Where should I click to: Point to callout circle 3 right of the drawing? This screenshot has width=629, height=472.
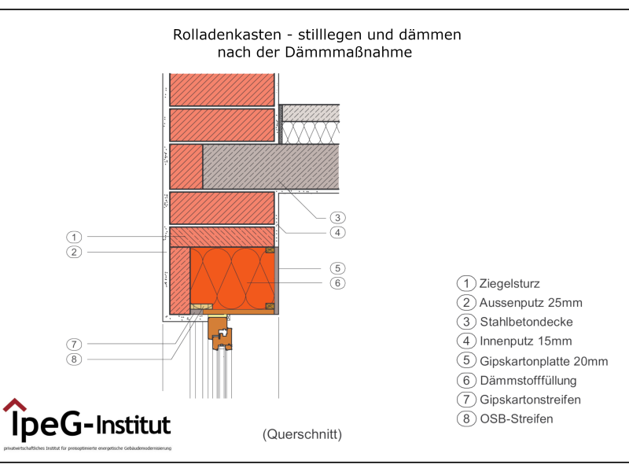(x=337, y=217)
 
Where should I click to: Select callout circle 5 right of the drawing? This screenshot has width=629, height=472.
(x=337, y=268)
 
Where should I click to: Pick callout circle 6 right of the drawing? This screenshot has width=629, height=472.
(x=337, y=283)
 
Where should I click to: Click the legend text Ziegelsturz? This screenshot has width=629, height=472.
(x=509, y=284)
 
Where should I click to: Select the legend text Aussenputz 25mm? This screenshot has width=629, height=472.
(x=531, y=303)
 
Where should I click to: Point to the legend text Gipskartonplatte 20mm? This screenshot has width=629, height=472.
(x=543, y=361)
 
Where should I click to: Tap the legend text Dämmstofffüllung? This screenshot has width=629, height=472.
(x=528, y=381)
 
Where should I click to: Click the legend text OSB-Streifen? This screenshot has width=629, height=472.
(x=516, y=419)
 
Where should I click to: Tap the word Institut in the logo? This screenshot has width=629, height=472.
(x=134, y=426)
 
